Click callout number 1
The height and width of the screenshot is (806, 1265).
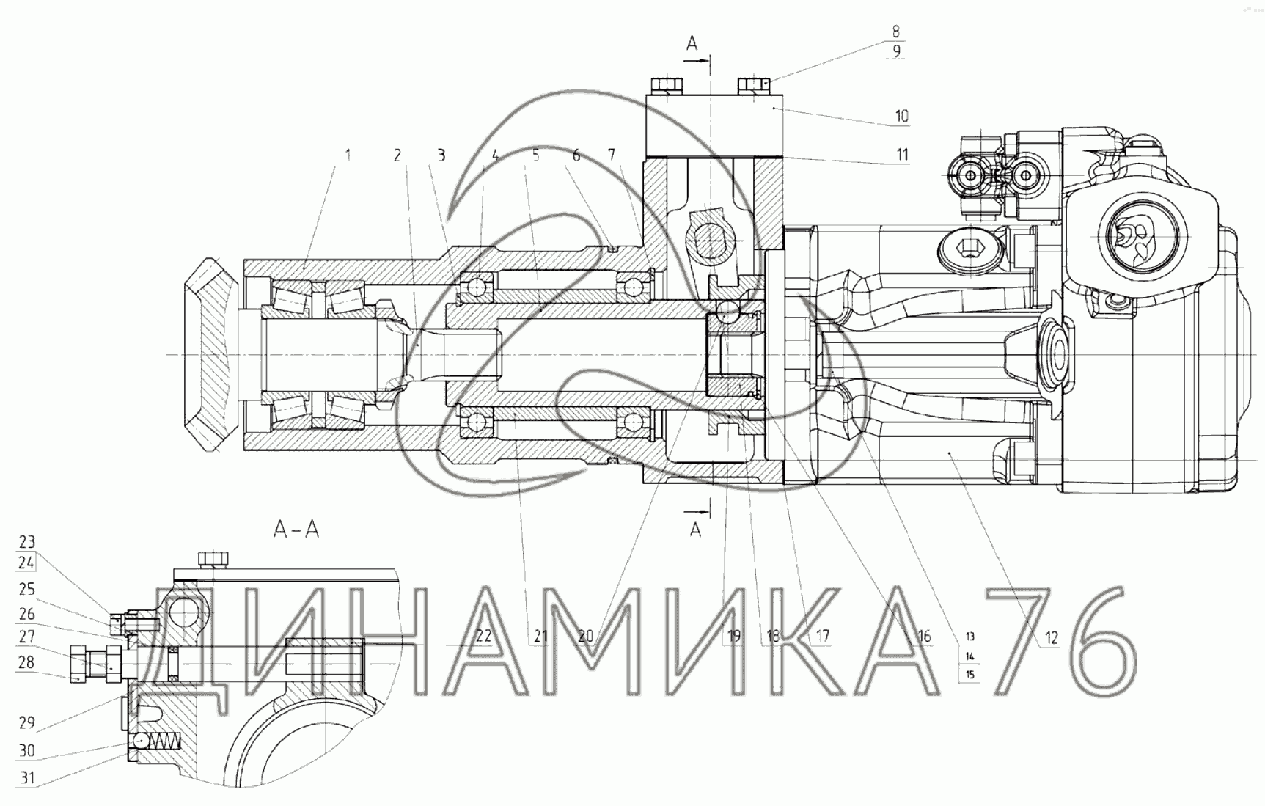[348, 155]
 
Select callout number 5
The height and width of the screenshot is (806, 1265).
[536, 155]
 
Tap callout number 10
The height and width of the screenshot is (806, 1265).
[901, 116]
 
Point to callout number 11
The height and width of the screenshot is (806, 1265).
[902, 154]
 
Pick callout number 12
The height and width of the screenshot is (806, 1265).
[1052, 638]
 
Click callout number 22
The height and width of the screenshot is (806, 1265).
[483, 636]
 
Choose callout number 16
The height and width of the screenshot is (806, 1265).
[923, 636]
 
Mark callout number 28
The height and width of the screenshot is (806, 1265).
[26, 663]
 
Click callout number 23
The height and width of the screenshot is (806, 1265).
[26, 543]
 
